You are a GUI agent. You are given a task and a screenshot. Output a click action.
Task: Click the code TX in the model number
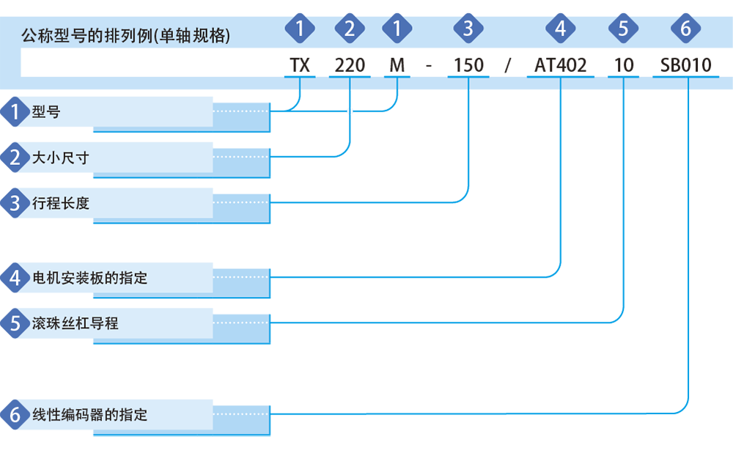click(x=300, y=65)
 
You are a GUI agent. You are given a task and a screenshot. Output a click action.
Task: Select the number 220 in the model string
click(x=350, y=65)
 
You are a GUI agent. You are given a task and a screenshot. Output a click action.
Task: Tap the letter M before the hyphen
click(x=397, y=65)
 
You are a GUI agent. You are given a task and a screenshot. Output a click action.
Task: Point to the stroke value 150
click(x=468, y=65)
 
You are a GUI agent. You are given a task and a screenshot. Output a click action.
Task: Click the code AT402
click(x=560, y=65)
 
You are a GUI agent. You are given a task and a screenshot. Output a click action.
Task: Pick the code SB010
click(x=685, y=65)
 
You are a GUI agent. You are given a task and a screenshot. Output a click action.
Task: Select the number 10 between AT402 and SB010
click(x=623, y=65)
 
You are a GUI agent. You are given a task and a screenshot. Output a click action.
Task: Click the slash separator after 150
click(x=508, y=65)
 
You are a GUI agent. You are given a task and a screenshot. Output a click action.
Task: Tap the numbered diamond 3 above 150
click(x=468, y=29)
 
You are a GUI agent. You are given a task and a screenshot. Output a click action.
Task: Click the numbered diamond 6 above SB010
click(x=685, y=29)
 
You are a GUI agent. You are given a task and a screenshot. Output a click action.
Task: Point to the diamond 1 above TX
click(x=300, y=29)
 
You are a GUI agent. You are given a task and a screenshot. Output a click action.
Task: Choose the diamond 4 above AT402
click(x=560, y=29)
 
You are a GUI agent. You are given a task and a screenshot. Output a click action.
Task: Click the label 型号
click(x=45, y=111)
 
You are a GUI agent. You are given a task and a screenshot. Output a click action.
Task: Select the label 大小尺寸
click(x=60, y=158)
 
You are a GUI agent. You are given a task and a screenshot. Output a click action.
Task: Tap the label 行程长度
click(x=60, y=203)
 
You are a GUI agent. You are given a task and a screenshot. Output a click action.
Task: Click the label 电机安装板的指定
click(x=89, y=278)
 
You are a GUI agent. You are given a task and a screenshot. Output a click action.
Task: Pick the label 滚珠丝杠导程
click(x=75, y=323)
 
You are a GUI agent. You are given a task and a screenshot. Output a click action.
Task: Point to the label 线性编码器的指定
click(x=89, y=415)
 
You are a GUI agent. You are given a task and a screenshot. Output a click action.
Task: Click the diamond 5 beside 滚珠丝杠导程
click(x=15, y=323)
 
